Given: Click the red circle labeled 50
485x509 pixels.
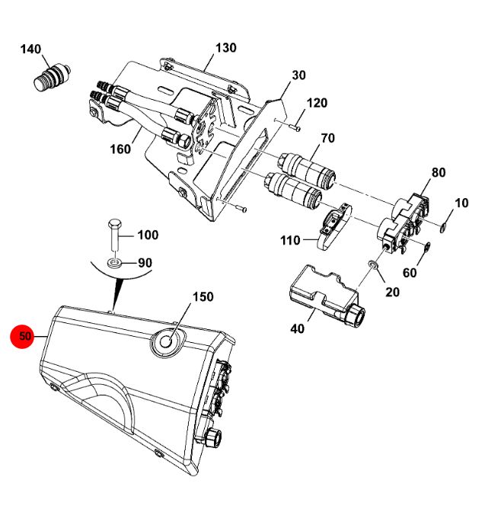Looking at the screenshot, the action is pyautogui.click(x=22, y=336).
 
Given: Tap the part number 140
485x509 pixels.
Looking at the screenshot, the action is pyautogui.click(x=30, y=50).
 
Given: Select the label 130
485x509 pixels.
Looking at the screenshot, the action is pyautogui.click(x=226, y=48).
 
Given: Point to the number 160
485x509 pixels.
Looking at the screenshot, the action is pyautogui.click(x=120, y=149).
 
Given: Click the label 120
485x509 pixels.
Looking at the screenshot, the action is pyautogui.click(x=317, y=103).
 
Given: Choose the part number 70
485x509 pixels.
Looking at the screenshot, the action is pyautogui.click(x=327, y=138).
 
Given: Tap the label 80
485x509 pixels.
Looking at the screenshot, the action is pyautogui.click(x=439, y=172).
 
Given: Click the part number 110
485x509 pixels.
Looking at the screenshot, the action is pyautogui.click(x=290, y=241).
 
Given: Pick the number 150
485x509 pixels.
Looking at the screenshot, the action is pyautogui.click(x=203, y=296).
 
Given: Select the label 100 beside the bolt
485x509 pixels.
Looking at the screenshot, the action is pyautogui.click(x=148, y=235).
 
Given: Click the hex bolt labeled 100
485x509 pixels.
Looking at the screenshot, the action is pyautogui.click(x=114, y=235).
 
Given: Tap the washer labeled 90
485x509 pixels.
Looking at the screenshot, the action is pyautogui.click(x=115, y=263).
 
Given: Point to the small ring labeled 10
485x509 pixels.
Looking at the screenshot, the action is pyautogui.click(x=443, y=228).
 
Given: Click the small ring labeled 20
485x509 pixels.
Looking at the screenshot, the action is pyautogui.click(x=373, y=264).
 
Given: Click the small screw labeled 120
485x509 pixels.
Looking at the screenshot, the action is pyautogui.click(x=295, y=127).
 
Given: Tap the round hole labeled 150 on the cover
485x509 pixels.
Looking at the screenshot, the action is pyautogui.click(x=167, y=341).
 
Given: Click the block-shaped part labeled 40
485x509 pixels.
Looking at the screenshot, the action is pyautogui.click(x=327, y=296).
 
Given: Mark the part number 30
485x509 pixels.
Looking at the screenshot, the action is pyautogui.click(x=298, y=75).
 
